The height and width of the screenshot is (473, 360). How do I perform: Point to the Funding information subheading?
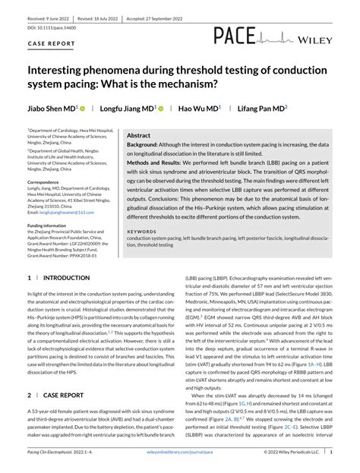tap(52, 225)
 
